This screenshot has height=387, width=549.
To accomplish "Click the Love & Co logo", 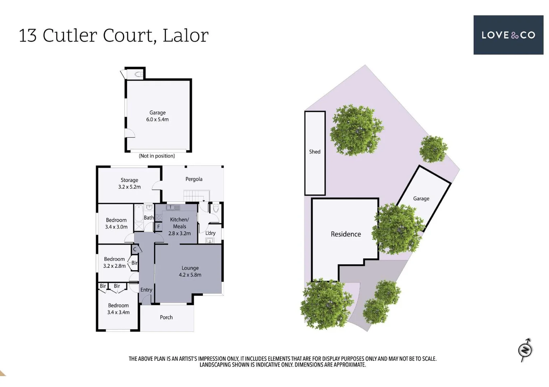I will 508,35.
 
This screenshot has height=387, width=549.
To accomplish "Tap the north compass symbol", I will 525,349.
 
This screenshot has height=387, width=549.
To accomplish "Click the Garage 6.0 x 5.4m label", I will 157,116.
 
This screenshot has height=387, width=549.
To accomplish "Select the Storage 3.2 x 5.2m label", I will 129,183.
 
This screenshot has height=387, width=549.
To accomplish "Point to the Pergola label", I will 194,179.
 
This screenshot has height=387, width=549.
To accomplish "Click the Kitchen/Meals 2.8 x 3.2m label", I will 179,226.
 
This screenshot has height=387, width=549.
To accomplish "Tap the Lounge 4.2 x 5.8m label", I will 190,272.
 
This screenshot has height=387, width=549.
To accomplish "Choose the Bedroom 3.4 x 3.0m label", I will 116,224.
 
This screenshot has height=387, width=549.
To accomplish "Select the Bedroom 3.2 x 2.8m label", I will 114,263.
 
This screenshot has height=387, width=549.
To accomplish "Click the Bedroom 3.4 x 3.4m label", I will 118,309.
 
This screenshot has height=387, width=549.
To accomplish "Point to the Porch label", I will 166,317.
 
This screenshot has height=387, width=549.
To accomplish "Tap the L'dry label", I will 210,233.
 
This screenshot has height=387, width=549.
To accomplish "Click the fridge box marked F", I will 158,226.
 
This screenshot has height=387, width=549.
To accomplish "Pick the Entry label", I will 146,290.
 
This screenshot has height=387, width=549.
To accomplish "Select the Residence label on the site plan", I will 346,234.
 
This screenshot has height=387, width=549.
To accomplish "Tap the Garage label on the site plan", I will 421,199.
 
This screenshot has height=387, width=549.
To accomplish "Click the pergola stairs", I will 196,196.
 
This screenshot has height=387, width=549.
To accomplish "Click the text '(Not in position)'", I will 157,156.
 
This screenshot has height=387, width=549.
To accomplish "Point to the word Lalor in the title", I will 185,35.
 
